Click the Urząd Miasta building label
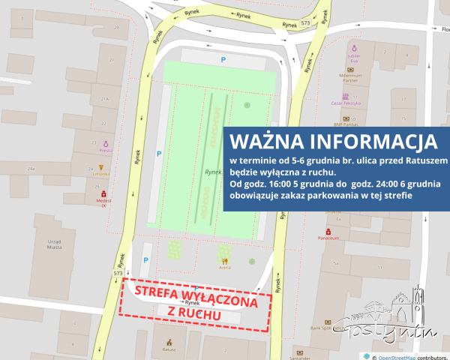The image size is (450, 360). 46,246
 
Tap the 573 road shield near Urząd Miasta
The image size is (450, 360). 118,274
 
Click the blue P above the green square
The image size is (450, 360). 221,58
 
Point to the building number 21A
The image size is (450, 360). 104,98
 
